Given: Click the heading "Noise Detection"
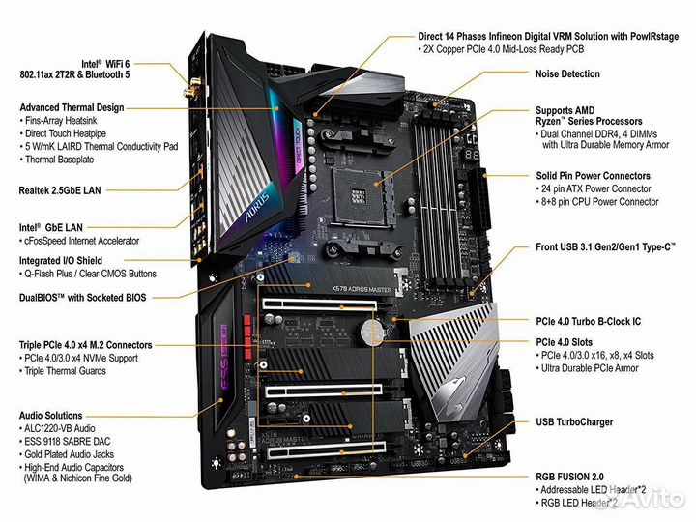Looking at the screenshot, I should [x=566, y=74].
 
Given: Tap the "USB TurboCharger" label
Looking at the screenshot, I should [x=574, y=422].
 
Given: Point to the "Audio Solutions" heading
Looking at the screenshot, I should [x=50, y=416].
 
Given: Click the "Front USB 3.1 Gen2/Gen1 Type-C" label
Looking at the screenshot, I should [x=604, y=247].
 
